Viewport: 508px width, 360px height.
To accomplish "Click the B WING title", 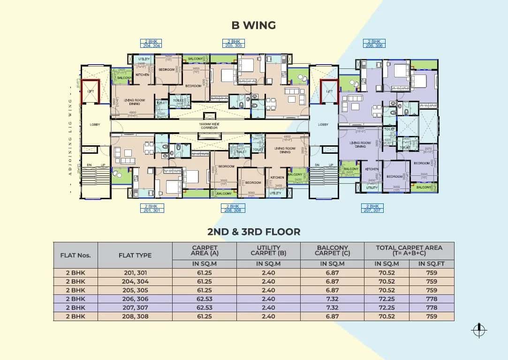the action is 254,25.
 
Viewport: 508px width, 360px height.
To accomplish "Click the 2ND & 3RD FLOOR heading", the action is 254,232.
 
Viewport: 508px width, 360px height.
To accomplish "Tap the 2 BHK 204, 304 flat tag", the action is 151,44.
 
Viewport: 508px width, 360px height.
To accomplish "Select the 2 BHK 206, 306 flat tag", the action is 373,44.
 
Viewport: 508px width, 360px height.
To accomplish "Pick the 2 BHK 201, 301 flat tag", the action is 151,208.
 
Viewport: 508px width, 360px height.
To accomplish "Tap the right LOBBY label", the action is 323,125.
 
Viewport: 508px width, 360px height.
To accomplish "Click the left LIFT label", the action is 91,91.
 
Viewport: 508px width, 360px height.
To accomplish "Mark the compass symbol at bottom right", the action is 478,330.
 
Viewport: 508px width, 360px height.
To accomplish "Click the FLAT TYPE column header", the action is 135,255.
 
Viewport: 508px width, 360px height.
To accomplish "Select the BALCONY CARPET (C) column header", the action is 333,251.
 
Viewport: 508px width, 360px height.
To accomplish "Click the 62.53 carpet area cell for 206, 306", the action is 205,299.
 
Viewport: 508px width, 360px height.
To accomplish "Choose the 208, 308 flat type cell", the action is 135,316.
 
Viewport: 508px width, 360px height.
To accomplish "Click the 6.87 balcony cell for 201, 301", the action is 333,273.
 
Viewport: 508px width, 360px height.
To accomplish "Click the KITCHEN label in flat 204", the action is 142,75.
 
